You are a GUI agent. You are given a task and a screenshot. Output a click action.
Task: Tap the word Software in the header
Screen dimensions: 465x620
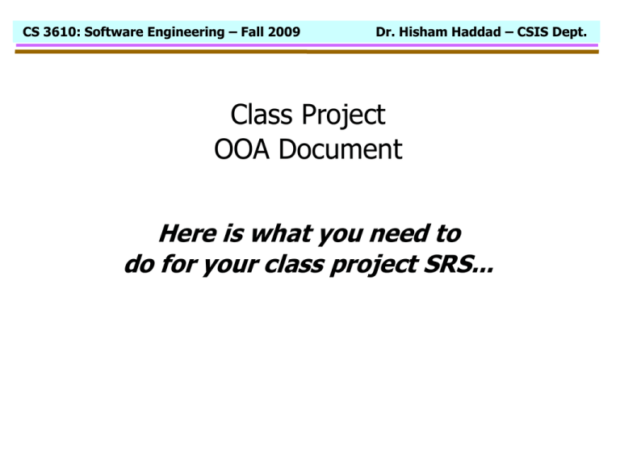107,32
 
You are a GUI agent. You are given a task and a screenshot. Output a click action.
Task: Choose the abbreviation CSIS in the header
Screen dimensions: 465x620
535,32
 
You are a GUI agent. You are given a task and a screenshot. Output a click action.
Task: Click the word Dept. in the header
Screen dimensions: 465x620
578,32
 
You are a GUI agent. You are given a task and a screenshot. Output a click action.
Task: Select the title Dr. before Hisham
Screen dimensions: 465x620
387,32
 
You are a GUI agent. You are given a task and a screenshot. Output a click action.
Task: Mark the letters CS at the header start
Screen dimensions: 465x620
29,32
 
